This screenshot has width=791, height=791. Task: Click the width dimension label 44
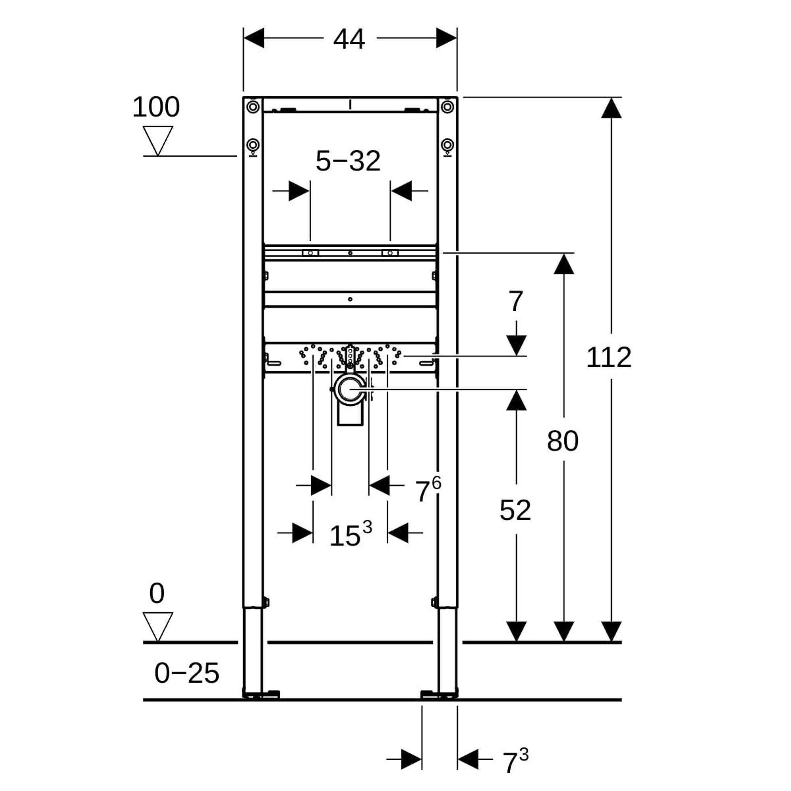[x=349, y=40]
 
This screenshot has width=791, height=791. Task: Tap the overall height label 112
[x=608, y=358]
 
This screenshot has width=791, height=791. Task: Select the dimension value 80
[x=562, y=441]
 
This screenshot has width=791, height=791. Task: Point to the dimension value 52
[x=515, y=510]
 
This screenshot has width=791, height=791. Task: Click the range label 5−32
[x=348, y=161]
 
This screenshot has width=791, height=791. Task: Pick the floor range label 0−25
[x=187, y=673]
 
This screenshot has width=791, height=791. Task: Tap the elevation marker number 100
[x=156, y=107]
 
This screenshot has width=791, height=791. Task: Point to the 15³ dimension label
[x=350, y=534]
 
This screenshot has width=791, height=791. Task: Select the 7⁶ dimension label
[x=428, y=490]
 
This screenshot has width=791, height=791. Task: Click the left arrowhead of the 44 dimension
[x=254, y=38]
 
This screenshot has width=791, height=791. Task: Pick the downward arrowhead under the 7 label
[x=516, y=345]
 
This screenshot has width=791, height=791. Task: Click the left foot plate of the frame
[x=261, y=694]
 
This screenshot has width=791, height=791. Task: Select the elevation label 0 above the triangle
[x=157, y=593]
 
